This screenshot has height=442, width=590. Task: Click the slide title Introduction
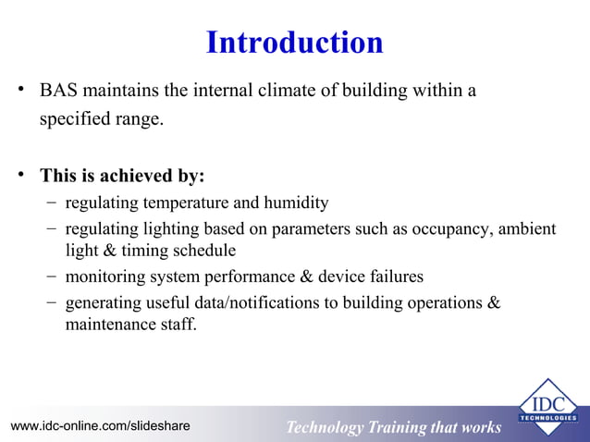pyautogui.click(x=294, y=43)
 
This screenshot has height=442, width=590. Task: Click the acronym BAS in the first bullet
pyautogui.click(x=57, y=92)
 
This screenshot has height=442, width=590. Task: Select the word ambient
pyautogui.click(x=523, y=228)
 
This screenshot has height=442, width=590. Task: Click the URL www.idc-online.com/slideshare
pyautogui.click(x=100, y=426)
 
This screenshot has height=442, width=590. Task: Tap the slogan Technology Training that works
pyautogui.click(x=393, y=427)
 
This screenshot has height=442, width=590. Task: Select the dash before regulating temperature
pyautogui.click(x=47, y=203)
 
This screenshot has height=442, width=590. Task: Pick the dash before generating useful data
pyautogui.click(x=47, y=302)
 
